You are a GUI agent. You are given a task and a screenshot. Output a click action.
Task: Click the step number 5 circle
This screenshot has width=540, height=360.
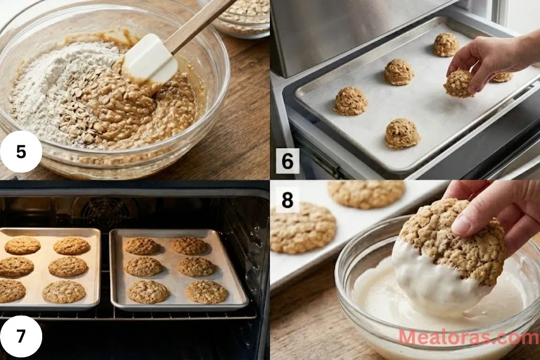click(21, 151)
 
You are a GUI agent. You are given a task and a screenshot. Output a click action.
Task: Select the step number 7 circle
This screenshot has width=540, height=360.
click(21, 336)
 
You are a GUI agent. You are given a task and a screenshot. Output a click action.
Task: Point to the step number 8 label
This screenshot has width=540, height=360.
click(287, 200)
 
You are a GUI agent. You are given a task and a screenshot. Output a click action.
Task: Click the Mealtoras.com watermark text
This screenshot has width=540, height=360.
click(468, 337)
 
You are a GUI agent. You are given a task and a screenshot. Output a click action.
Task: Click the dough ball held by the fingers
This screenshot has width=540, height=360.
click(458, 84)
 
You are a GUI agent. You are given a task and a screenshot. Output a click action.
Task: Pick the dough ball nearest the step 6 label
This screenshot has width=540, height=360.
click(350, 101)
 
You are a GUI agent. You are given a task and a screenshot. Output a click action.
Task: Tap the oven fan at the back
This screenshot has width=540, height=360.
click(105, 213)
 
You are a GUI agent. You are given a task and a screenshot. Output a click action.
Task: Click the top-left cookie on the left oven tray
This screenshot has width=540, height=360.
click(22, 245)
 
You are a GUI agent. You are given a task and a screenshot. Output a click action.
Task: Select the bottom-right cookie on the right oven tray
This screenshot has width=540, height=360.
click(206, 291)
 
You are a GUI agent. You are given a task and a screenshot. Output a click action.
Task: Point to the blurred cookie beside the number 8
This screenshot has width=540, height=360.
click(303, 228)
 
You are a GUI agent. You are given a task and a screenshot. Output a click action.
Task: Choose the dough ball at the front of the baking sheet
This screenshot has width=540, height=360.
click(402, 133)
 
